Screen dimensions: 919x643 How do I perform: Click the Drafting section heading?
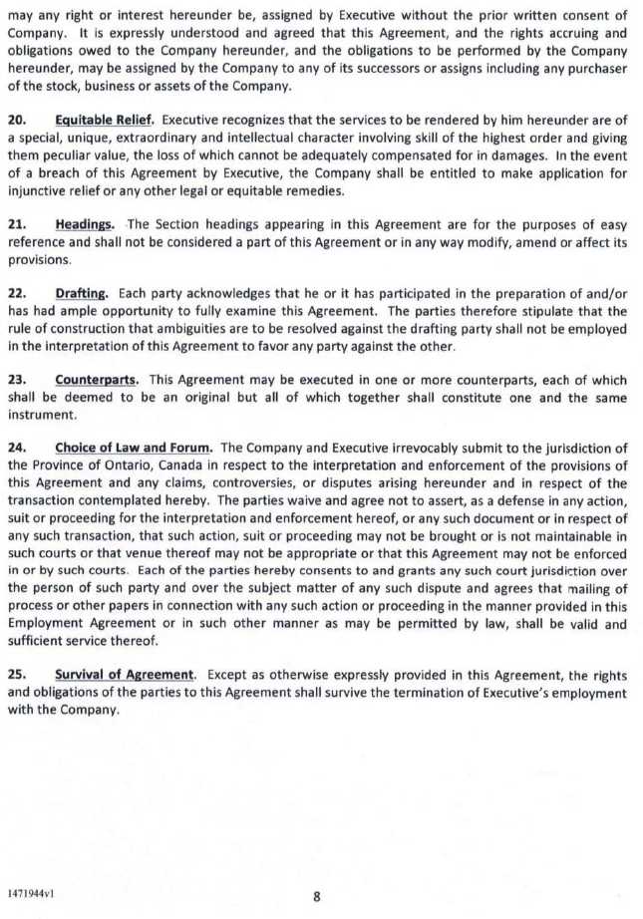pyautogui.click(x=83, y=293)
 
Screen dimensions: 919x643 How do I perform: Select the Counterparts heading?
pyautogui.click(x=97, y=380)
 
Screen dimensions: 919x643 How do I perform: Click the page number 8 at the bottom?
pyautogui.click(x=317, y=896)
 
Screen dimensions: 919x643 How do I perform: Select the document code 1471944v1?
pyautogui.click(x=31, y=893)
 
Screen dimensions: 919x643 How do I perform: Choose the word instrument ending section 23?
pyautogui.click(x=42, y=414)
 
